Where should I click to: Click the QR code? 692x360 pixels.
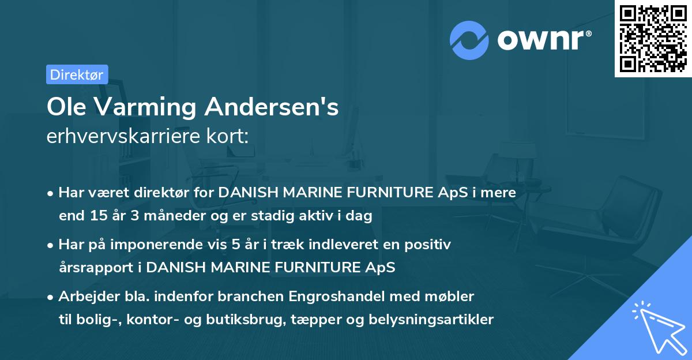point(653,38)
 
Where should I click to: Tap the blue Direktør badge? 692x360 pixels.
point(77,74)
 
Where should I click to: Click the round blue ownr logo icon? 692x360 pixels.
point(469,40)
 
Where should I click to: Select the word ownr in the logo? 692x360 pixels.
point(544,40)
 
